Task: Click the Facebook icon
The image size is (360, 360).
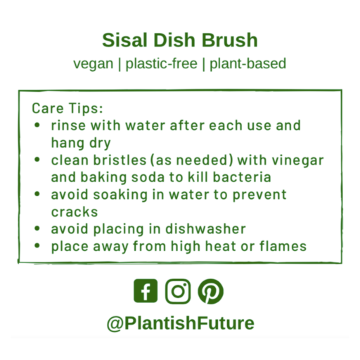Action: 146,290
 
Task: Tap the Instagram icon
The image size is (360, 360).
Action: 179,290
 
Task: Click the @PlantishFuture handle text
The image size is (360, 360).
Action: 180,323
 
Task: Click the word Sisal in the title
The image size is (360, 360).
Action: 123,39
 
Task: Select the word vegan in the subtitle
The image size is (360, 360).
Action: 93,63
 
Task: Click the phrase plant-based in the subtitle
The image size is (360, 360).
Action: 246,63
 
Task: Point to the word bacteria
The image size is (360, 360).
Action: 245,177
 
